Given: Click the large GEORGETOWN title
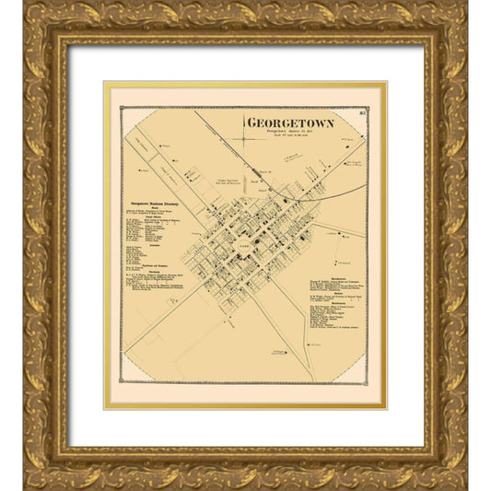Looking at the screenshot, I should (x=289, y=123).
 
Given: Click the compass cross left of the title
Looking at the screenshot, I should (x=243, y=138).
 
